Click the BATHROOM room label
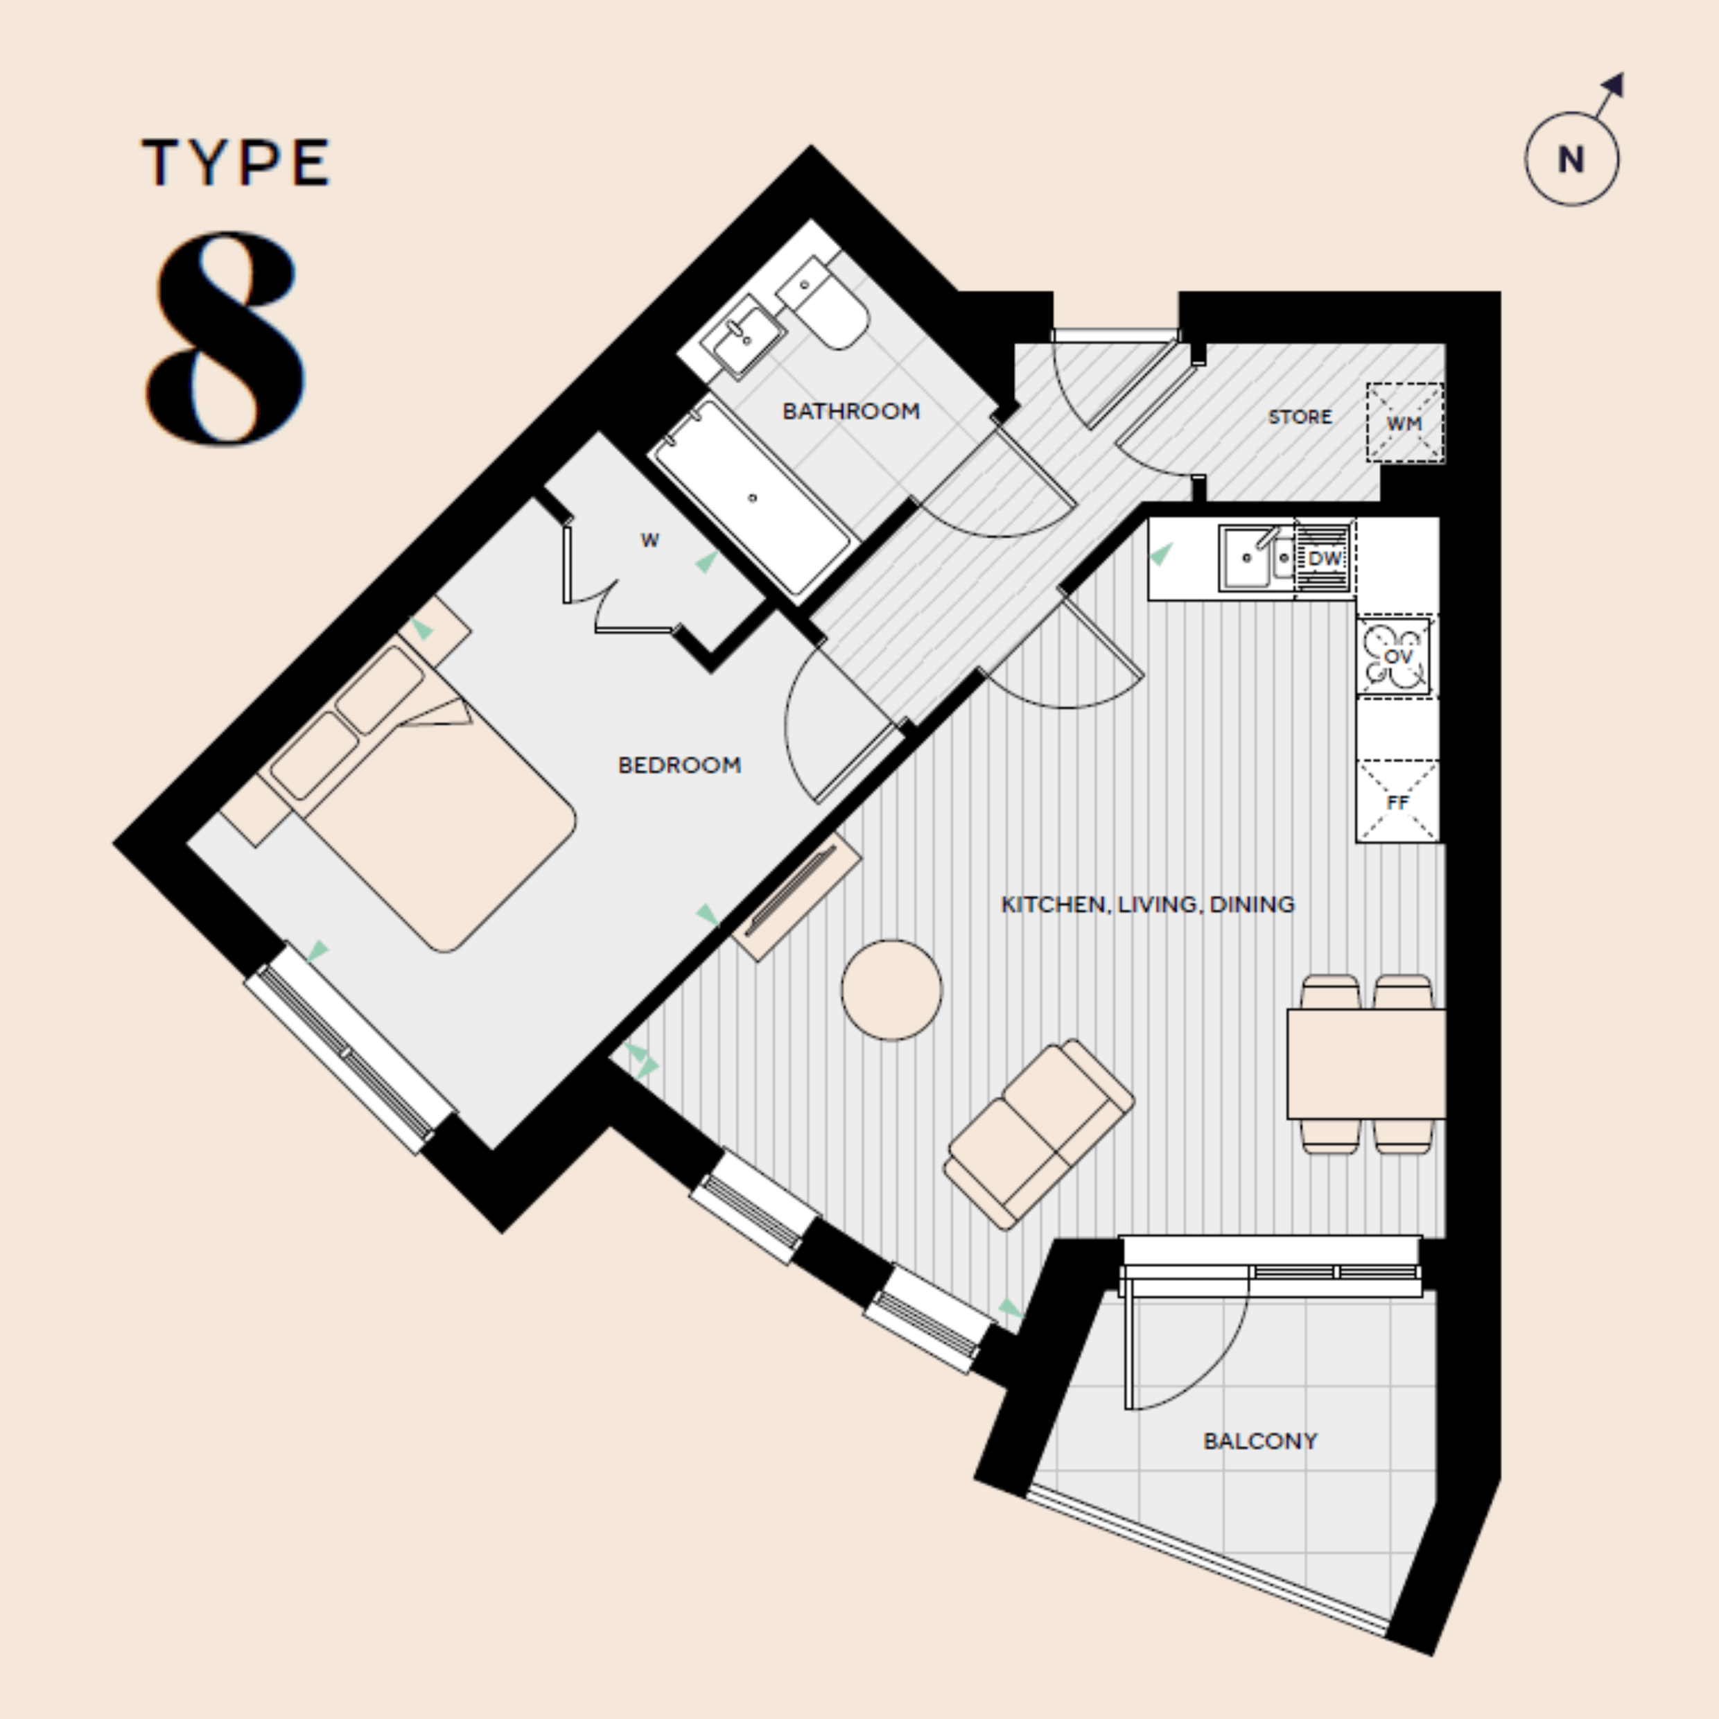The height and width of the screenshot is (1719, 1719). [850, 411]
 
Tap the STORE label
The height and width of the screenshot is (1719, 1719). [1299, 417]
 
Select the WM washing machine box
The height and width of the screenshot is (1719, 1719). [1404, 424]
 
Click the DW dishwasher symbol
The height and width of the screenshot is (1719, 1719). [1324, 559]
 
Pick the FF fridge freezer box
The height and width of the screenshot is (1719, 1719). [1397, 802]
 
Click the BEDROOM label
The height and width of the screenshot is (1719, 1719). [679, 765]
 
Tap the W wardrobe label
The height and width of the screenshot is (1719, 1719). [649, 540]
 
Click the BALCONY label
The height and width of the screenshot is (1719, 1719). [1260, 1440]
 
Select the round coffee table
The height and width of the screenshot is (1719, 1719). [891, 989]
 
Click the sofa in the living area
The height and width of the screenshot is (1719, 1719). [1038, 1135]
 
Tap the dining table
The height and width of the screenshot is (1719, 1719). [1365, 1063]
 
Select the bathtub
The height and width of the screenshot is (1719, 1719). [753, 498]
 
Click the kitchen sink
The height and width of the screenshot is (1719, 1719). [1246, 558]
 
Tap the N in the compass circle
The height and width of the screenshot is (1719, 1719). [1571, 160]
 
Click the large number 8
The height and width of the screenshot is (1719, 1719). [226, 338]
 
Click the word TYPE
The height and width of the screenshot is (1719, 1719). [236, 163]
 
